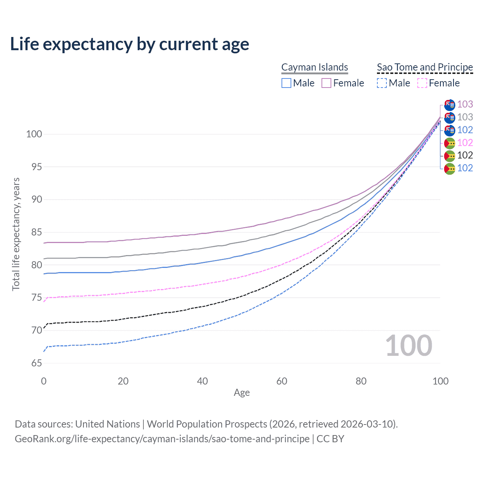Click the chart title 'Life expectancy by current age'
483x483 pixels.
tap(129, 44)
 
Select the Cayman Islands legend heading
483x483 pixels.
tap(315, 67)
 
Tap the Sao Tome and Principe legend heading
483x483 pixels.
tap(425, 67)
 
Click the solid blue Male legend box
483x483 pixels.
tap(286, 83)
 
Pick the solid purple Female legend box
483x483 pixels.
tap(326, 83)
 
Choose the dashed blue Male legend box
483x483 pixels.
tap(382, 83)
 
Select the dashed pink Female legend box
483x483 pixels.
tap(422, 83)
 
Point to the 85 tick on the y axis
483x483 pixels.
tap(37, 232)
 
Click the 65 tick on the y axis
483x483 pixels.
tap(37, 363)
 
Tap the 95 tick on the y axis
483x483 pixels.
tap(37, 167)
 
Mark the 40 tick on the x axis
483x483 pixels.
tap(202, 381)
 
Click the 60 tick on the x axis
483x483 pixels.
tap(282, 381)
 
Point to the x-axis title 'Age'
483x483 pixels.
tap(241, 393)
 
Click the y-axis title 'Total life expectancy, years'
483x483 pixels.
tap(16, 234)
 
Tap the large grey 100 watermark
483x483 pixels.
tap(409, 346)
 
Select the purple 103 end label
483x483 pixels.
tap(465, 104)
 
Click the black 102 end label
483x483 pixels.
tap(465, 155)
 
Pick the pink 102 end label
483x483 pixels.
tap(465, 143)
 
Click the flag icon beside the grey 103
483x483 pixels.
tap(449, 118)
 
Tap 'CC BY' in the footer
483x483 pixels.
tap(330, 439)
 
